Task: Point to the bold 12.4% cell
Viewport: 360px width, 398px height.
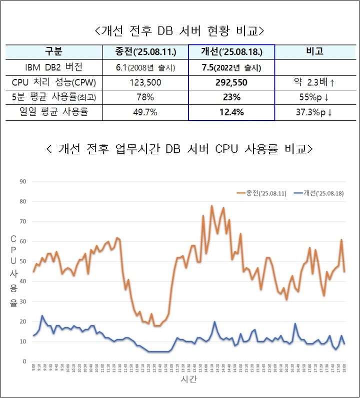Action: pos(231,112)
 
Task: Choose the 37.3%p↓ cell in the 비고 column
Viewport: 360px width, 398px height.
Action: pos(314,112)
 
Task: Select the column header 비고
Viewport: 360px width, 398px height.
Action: pos(314,51)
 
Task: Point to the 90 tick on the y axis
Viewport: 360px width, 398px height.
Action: pos(22,181)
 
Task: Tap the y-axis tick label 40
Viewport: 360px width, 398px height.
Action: pos(22,282)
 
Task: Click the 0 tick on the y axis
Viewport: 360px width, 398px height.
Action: pos(24,362)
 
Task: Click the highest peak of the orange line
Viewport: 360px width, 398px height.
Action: pos(211,206)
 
